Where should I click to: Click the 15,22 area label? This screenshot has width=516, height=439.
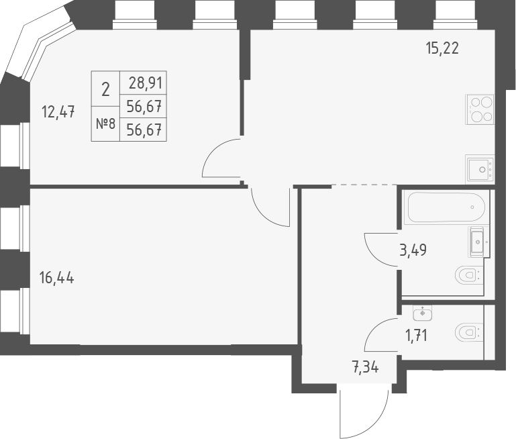[442, 48]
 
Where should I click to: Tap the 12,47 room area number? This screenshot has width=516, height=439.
[58, 112]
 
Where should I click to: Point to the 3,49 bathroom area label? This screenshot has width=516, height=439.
[413, 250]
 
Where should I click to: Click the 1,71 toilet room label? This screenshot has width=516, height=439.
[417, 334]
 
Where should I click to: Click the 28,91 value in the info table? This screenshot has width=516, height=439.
[142, 85]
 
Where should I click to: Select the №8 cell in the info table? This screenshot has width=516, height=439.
[105, 124]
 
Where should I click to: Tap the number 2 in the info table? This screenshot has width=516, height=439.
[105, 88]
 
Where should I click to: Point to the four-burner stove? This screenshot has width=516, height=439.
[481, 109]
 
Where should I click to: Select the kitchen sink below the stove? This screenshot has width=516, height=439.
[480, 168]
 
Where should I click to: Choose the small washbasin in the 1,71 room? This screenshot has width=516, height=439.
[423, 311]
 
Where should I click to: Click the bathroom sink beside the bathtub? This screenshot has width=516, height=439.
[477, 240]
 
